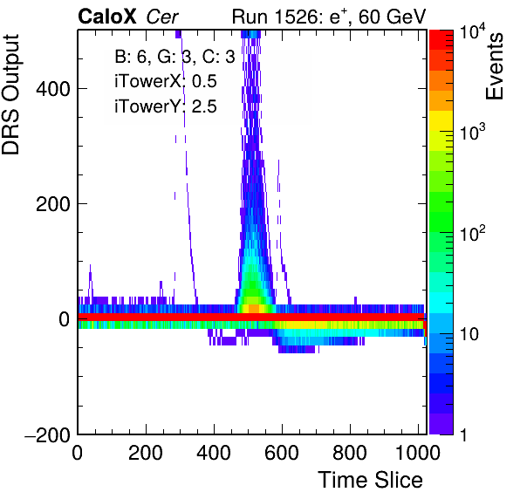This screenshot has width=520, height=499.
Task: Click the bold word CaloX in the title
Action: (107, 16)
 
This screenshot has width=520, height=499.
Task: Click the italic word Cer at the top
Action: (162, 17)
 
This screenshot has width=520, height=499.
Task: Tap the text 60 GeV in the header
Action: (392, 17)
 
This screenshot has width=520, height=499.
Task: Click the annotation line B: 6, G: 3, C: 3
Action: (174, 57)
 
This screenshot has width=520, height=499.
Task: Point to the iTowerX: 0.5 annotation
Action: (166, 81)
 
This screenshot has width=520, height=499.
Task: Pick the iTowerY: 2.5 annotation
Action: (166, 106)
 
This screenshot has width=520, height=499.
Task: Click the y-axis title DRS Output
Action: (10, 94)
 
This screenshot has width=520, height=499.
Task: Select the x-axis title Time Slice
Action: (370, 480)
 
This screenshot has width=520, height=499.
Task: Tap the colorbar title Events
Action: (494, 66)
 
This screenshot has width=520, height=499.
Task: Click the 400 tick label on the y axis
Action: (53, 89)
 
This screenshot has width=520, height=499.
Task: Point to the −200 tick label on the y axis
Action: (47, 434)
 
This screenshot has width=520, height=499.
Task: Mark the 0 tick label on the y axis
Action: (65, 319)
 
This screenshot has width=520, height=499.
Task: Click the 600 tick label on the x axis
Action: (282, 452)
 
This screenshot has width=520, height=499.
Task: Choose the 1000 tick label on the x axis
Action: (418, 452)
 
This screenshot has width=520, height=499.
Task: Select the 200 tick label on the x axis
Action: (145, 452)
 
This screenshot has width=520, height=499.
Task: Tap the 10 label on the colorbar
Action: (469, 334)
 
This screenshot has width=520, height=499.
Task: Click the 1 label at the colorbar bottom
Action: (463, 435)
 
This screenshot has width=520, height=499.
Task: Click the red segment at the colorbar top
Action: (441, 40)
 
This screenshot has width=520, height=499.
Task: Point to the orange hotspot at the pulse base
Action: (254, 308)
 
